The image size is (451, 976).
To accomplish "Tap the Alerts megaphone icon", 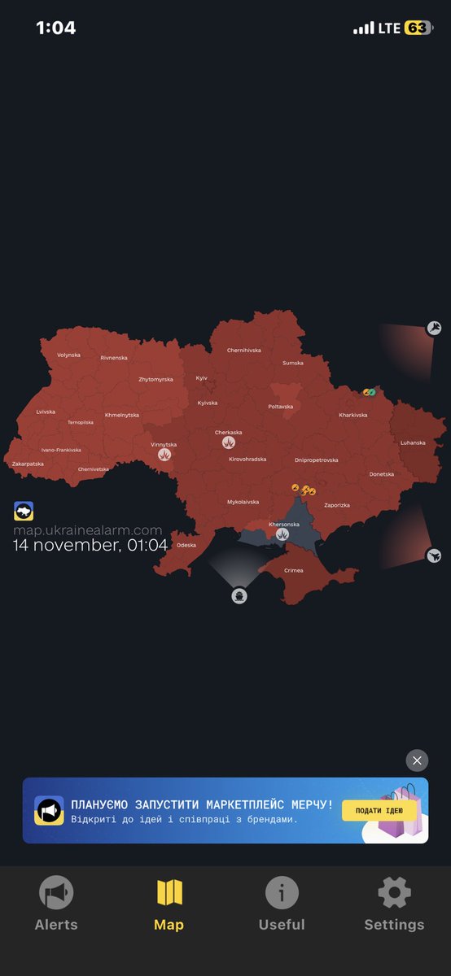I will (x=56, y=893).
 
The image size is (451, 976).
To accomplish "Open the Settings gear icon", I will (x=394, y=893).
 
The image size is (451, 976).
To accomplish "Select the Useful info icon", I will (x=282, y=893).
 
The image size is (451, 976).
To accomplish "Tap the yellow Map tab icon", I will (x=169, y=893).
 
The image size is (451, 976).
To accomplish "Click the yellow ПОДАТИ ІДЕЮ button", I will (x=379, y=810).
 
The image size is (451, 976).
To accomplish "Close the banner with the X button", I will (x=417, y=760).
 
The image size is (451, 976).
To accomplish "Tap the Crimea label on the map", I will (x=293, y=570).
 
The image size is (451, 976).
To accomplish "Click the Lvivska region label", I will (x=46, y=412).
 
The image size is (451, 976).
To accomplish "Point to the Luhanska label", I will (x=413, y=442).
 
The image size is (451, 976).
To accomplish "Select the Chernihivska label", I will (x=244, y=351).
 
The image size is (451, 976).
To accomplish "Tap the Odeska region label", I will (x=186, y=545).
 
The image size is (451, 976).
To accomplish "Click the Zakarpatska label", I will (x=28, y=464).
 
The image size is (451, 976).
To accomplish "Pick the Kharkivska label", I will (x=353, y=415).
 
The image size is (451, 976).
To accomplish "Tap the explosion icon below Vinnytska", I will (x=164, y=455).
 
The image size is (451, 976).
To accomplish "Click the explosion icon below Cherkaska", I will (x=229, y=443).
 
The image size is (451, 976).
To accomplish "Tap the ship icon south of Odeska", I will (x=239, y=596).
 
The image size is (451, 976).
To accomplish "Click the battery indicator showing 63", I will (x=418, y=28).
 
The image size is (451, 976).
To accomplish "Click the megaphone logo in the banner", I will (x=49, y=811).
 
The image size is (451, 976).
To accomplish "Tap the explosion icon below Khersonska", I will (x=282, y=534).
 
